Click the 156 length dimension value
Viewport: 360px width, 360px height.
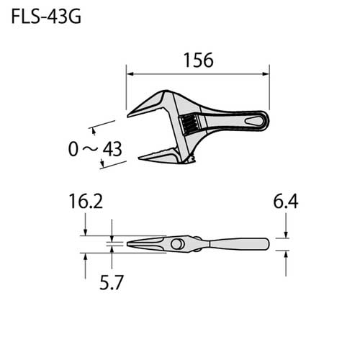coord(198,60)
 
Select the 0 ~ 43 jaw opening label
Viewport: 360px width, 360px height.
coord(94,149)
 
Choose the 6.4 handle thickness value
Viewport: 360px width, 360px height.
coord(285,202)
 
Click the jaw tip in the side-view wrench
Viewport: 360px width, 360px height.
coord(130,245)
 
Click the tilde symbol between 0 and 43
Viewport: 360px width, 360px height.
coord(91,149)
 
